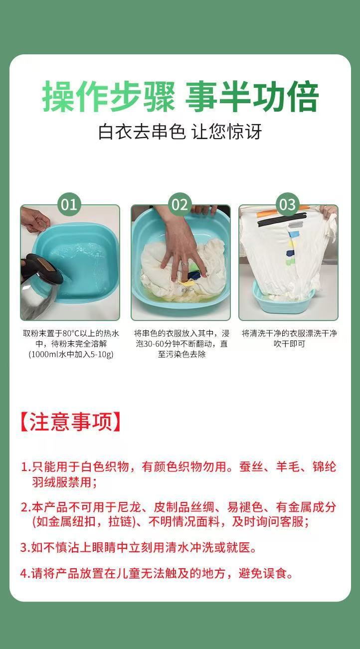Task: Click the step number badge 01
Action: click(69, 204)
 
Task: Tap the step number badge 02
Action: click(180, 204)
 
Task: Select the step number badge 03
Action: click(287, 204)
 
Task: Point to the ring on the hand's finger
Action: click(184, 264)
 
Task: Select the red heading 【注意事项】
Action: click(70, 422)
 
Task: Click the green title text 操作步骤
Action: click(108, 97)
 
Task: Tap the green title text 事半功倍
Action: click(252, 97)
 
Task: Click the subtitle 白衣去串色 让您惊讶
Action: click(180, 132)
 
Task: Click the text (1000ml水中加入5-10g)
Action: click(71, 354)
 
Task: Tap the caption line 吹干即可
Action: click(289, 344)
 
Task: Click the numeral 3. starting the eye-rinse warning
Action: click(25, 548)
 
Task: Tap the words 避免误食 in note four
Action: click(263, 573)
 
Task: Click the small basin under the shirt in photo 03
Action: click(283, 299)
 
